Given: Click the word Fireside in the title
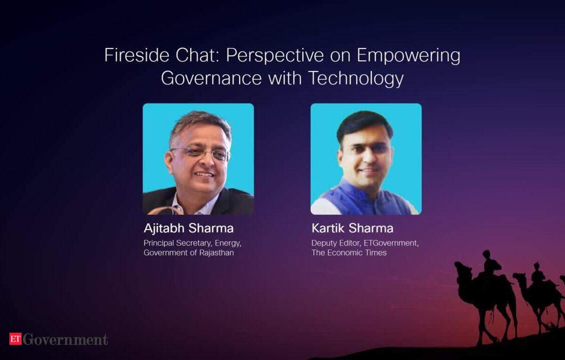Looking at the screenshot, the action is [x=137, y=55].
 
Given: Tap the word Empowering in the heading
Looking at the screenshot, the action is [x=408, y=56].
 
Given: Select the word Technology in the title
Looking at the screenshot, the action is [x=356, y=79].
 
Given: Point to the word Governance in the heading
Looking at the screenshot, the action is [x=211, y=78].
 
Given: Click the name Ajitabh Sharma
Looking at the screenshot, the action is [x=189, y=228].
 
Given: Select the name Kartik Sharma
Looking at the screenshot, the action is [x=352, y=228].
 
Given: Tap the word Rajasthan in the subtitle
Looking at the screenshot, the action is [x=217, y=253].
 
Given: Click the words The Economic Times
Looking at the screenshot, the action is [x=349, y=253].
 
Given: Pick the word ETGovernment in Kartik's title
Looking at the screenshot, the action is [x=391, y=243].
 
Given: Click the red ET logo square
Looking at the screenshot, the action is [x=16, y=338].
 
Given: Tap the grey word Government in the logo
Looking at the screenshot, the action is [x=65, y=339].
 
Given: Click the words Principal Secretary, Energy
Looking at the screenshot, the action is [x=193, y=243].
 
